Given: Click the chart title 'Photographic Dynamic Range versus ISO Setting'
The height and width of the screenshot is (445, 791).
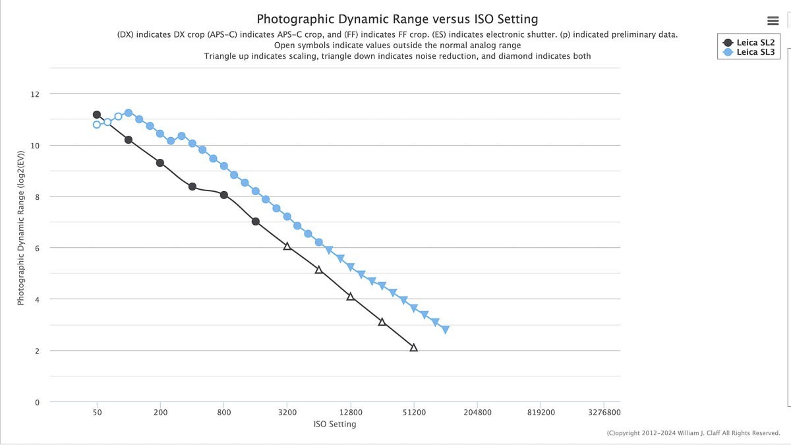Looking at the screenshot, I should point(397,19).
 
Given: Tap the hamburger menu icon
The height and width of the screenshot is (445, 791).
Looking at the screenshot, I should point(773,21).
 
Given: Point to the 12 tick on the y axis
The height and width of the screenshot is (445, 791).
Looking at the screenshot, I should point(35,94).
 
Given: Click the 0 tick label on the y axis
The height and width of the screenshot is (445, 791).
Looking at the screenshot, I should point(37,402).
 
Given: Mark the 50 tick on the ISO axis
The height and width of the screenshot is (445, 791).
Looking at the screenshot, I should point(97,413).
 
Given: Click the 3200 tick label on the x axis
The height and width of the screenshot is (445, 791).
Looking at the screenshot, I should point(287,413).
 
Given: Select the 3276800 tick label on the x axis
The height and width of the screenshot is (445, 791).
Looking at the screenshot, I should point(604,413).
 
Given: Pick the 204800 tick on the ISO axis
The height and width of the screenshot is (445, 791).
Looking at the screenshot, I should point(477,413).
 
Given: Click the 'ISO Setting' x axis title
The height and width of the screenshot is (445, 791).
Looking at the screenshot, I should point(335,424).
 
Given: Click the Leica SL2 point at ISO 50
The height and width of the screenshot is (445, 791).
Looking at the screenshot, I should point(97,115).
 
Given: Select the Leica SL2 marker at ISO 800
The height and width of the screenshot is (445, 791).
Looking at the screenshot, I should point(224,195).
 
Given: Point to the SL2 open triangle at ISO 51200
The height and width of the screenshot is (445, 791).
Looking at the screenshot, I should point(414,347).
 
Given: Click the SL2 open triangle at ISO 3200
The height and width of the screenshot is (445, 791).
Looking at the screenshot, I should point(287,246).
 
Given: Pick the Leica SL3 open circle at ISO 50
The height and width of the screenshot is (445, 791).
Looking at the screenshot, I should point(97,125).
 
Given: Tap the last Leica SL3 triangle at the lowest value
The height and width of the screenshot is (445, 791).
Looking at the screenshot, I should point(446,330).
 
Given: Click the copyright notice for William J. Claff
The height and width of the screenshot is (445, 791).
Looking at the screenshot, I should point(693,433).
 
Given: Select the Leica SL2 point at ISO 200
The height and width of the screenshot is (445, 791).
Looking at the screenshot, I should point(160,163).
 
